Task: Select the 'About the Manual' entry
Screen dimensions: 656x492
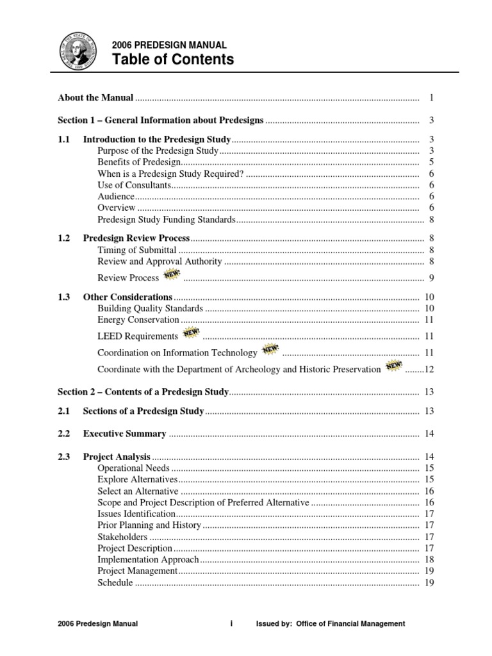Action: pyautogui.click(x=95, y=98)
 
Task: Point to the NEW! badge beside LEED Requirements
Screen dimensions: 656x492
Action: pyautogui.click(x=191, y=334)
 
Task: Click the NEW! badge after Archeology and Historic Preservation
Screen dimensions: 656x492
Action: pyautogui.click(x=393, y=366)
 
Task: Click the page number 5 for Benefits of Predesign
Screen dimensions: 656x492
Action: pyautogui.click(x=432, y=162)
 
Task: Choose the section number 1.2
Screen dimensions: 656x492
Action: pyautogui.click(x=63, y=238)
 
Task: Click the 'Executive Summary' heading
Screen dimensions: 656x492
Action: pyautogui.click(x=124, y=434)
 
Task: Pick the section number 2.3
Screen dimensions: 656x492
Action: pyautogui.click(x=63, y=457)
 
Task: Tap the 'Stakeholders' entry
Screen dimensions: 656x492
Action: pyautogui.click(x=122, y=537)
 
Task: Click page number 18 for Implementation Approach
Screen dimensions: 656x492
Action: pyautogui.click(x=429, y=559)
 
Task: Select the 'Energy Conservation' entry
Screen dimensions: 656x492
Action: pyautogui.click(x=138, y=320)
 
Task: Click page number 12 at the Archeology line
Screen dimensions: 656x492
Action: pyautogui.click(x=429, y=370)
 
